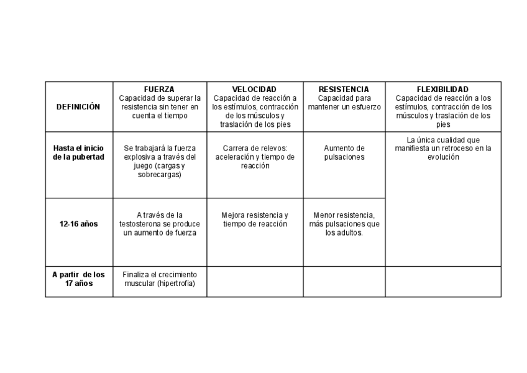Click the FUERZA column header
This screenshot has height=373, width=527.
[x=159, y=90]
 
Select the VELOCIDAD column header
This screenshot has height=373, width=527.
[x=254, y=90]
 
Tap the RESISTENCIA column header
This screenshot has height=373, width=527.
[x=344, y=90]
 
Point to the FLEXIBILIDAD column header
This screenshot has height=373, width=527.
[x=442, y=90]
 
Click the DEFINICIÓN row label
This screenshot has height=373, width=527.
[x=78, y=107]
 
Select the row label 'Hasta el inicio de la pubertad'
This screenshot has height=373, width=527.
[x=78, y=152]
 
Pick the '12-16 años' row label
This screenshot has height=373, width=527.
[x=78, y=224]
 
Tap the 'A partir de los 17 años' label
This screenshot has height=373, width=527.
[x=78, y=279]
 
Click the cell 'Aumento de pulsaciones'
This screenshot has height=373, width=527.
[x=344, y=152]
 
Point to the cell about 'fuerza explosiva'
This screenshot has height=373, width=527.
[x=159, y=162]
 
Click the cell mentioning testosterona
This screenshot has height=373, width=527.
[x=159, y=224]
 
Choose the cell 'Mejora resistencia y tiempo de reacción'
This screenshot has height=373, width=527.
[x=255, y=219]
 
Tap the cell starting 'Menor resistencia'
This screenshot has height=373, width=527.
[x=344, y=224]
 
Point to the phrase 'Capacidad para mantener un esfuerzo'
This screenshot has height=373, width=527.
[x=344, y=102]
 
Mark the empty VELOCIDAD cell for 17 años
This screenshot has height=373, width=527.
[x=255, y=282]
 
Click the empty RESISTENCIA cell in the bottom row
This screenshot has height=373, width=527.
[x=344, y=282]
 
